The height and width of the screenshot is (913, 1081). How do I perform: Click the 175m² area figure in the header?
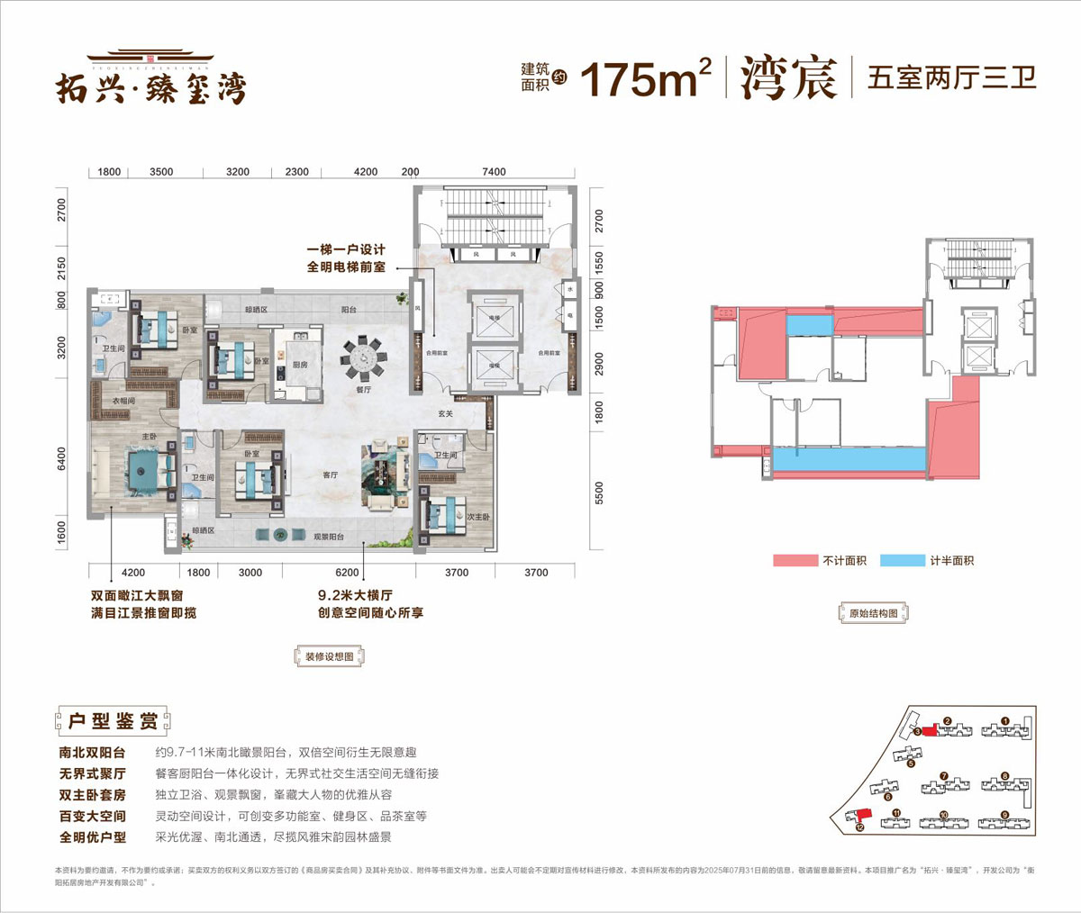point(645,79)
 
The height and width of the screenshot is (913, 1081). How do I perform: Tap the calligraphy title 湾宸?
point(788,78)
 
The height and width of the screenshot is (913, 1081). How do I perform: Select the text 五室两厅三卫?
point(951,77)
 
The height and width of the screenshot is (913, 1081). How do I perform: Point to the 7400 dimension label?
point(494,172)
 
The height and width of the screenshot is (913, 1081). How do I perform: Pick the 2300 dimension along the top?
point(296,172)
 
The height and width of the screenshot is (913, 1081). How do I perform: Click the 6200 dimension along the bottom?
point(347,573)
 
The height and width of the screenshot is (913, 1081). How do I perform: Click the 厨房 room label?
point(300,365)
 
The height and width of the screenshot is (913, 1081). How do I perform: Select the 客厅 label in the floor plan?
point(331,475)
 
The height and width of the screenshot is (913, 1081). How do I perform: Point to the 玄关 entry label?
point(445,414)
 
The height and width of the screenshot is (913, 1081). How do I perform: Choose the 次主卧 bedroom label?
point(477,518)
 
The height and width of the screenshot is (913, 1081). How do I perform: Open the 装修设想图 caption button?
point(330,656)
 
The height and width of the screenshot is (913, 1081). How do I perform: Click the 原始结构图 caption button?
point(873,613)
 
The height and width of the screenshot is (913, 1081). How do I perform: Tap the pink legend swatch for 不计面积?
point(795,561)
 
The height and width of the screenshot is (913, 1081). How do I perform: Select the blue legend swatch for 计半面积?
point(902,561)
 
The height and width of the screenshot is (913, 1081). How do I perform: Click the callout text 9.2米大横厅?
point(355,595)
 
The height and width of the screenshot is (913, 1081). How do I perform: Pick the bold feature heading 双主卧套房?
point(93,795)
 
